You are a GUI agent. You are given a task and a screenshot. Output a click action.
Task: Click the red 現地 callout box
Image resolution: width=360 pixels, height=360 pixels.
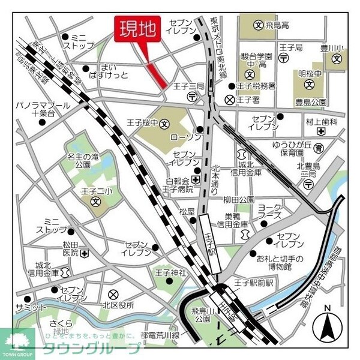[x=137, y=28]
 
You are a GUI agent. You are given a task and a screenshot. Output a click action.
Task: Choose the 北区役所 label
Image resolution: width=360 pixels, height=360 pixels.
[x=133, y=295]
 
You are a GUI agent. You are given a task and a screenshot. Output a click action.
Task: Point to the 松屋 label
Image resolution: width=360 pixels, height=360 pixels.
[x=187, y=212]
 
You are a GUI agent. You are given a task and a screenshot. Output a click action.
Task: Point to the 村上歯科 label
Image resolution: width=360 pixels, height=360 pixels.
[x=322, y=122]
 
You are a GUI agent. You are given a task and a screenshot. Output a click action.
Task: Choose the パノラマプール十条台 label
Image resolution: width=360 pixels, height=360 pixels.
[x=43, y=109]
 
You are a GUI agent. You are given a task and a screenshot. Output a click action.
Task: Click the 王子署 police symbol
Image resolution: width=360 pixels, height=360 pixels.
[x=229, y=100]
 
